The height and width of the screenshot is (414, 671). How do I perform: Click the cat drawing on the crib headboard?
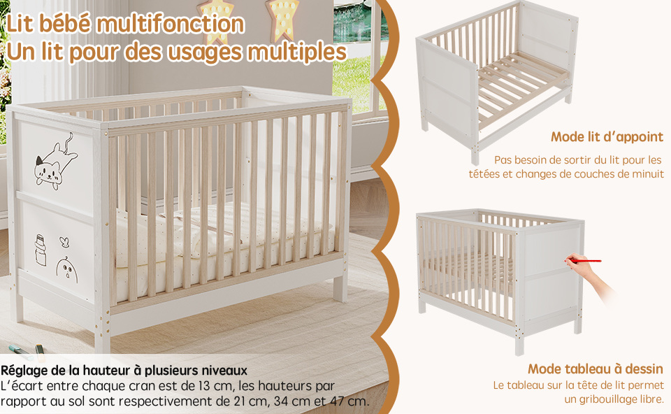pos(56,162)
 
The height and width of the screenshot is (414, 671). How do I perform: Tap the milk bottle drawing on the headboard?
pos(41,250)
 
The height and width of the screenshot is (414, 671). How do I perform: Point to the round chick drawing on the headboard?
pos(67,270)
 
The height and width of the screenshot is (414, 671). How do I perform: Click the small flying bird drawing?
pos(64,243)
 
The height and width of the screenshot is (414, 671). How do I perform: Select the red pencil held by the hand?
pos(584,260)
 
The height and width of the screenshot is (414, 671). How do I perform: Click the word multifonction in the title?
pos(171,24)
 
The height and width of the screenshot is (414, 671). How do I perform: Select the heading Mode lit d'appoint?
pos(607,137)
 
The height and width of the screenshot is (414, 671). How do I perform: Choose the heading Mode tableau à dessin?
pos(596,369)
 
